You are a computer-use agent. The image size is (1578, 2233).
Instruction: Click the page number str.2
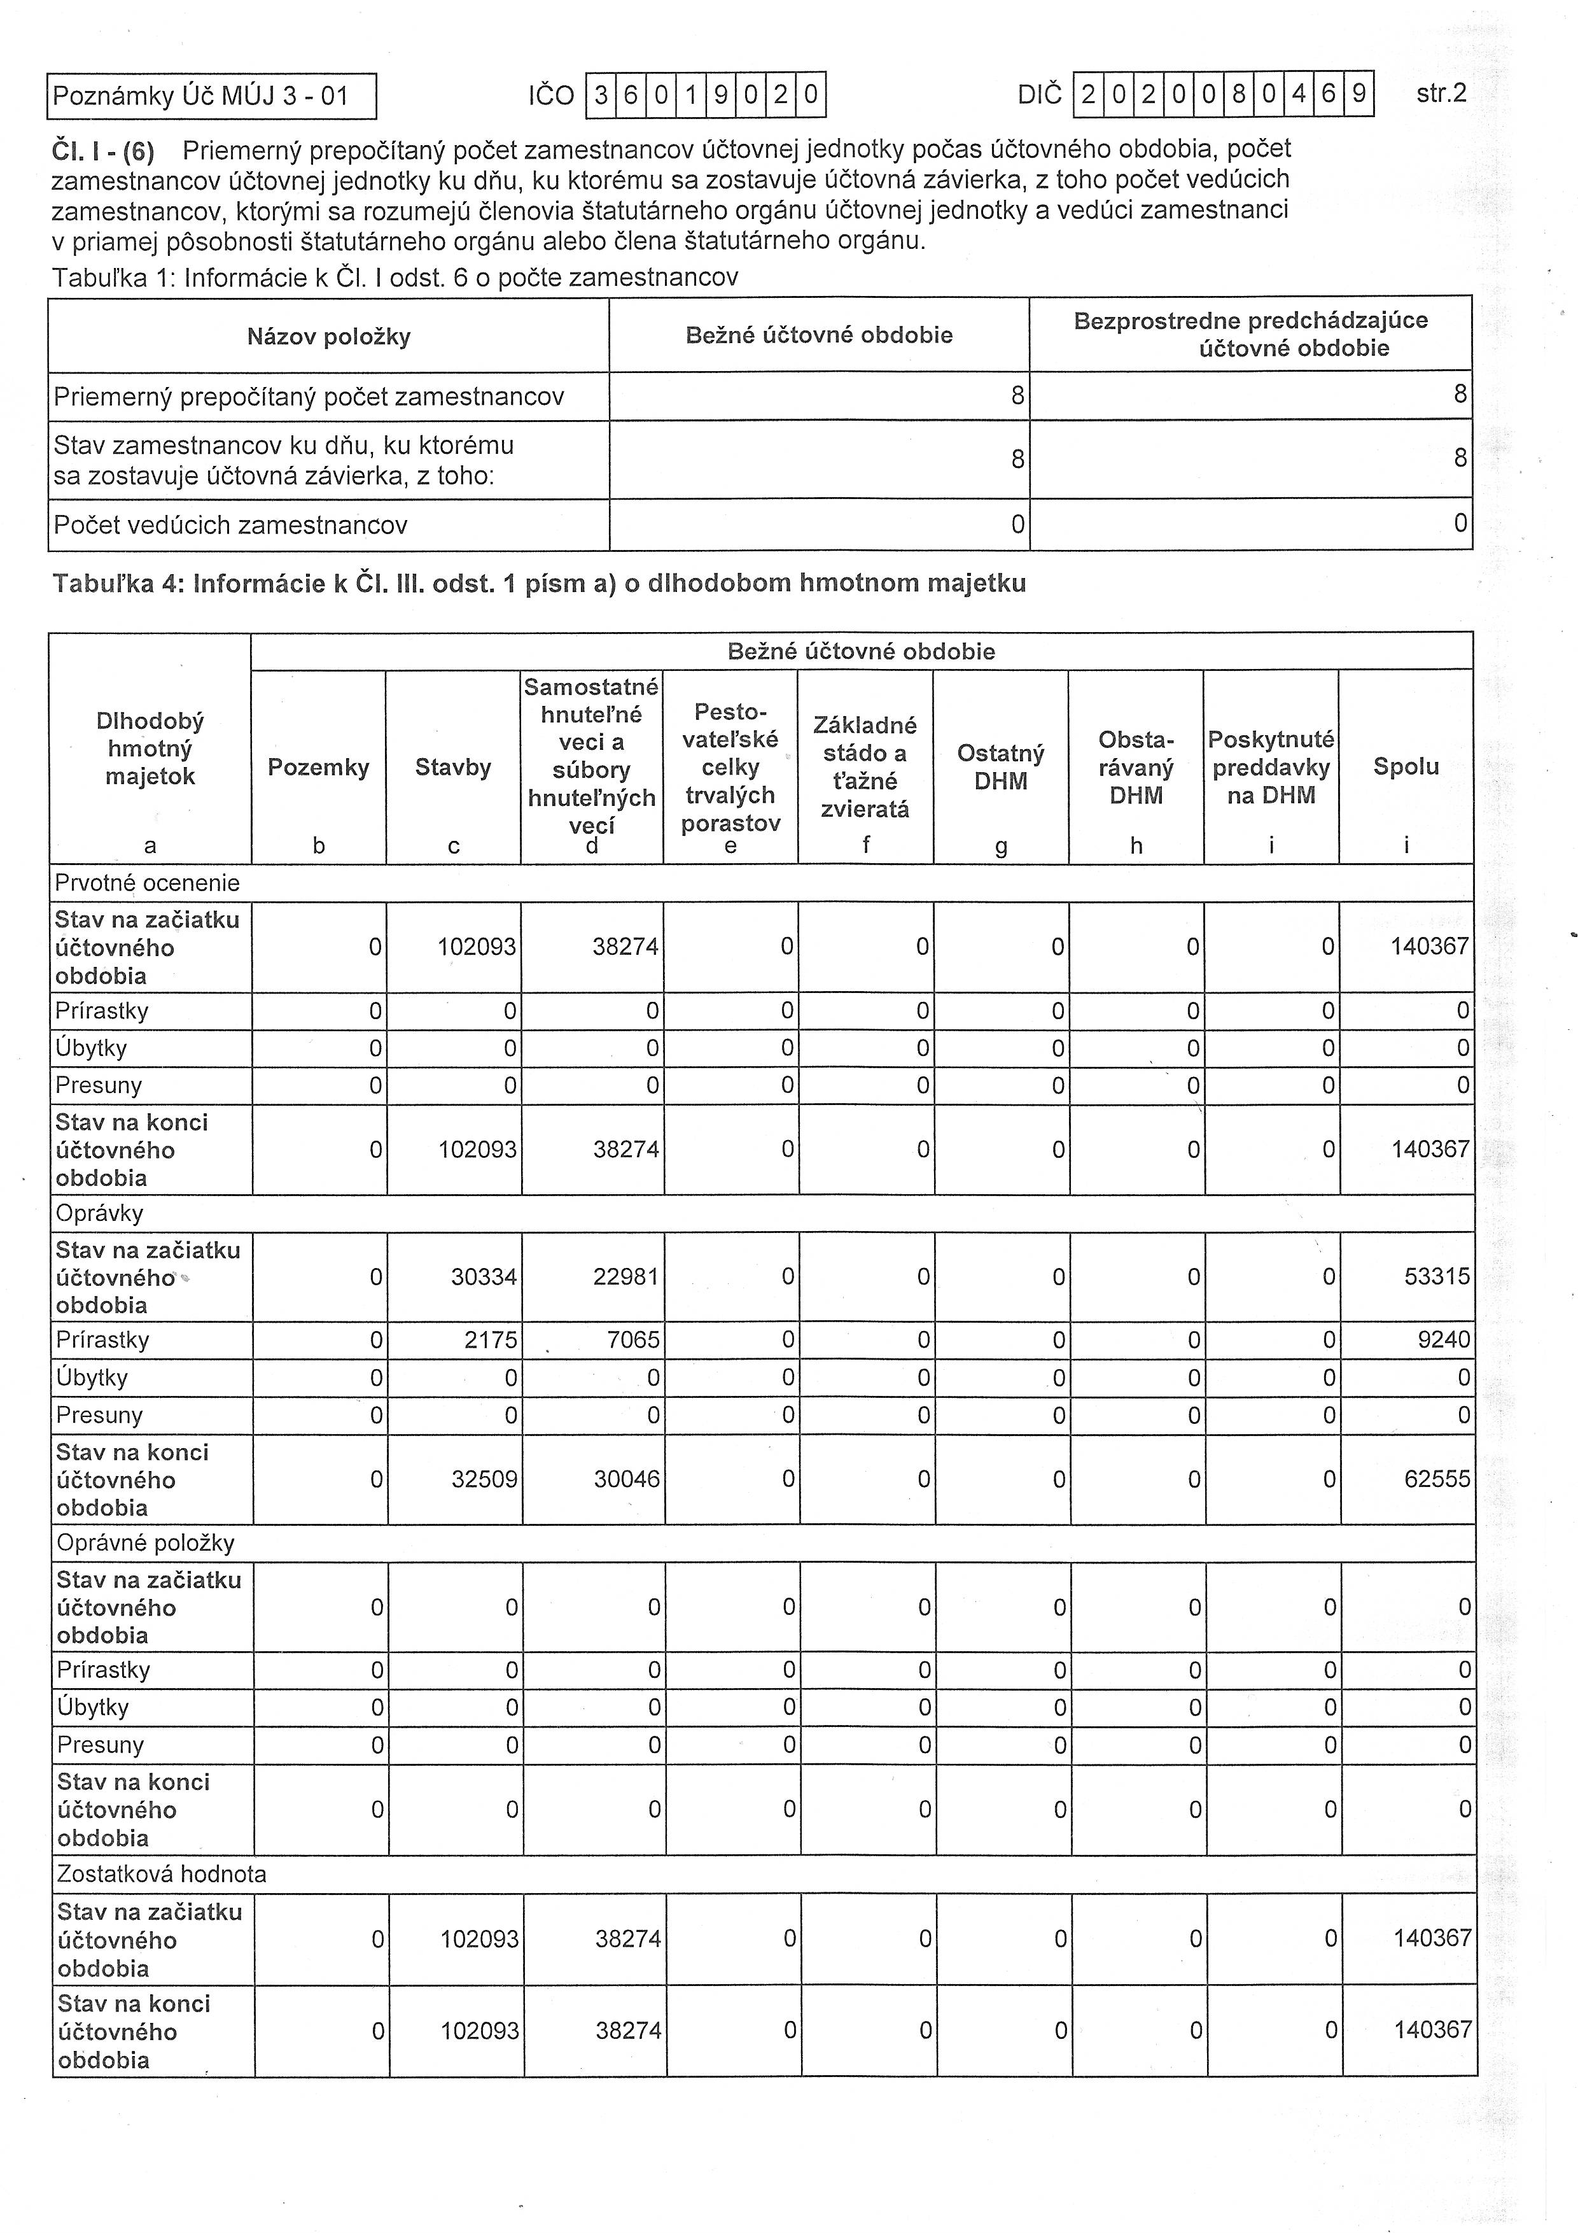pos(1441,94)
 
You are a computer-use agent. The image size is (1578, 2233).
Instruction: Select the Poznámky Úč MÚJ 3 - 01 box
pos(211,96)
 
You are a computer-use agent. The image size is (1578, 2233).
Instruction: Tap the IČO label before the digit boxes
pos(551,95)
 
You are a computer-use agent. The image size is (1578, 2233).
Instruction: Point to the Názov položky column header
pos(328,337)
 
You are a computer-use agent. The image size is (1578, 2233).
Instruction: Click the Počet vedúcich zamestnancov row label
pos(230,525)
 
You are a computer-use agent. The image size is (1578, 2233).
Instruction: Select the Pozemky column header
pos(318,767)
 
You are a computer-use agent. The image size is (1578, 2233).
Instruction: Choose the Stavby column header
pos(453,767)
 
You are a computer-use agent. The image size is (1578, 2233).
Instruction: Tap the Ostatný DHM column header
pos(1000,766)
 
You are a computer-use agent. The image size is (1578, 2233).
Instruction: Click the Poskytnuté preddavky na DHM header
pos(1271,767)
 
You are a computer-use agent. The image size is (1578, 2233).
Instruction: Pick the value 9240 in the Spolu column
pos(1443,1340)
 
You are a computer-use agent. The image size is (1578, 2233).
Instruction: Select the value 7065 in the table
pos(633,1340)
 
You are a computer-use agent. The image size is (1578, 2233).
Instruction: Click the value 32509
pos(484,1479)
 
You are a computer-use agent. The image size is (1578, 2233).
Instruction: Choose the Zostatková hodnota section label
pos(162,1874)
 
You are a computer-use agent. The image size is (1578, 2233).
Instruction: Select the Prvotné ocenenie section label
pos(147,883)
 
